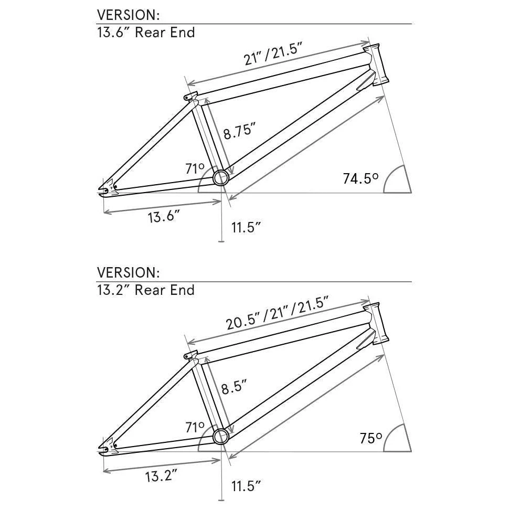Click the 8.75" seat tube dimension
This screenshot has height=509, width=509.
click(x=239, y=131)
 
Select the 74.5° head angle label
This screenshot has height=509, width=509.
click(x=360, y=178)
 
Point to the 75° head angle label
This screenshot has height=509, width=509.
click(x=370, y=438)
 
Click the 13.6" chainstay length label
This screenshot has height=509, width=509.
click(x=164, y=216)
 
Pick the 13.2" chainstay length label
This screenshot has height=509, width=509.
click(x=161, y=476)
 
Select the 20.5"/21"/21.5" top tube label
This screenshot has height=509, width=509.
click(x=278, y=313)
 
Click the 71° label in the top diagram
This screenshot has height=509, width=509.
click(x=195, y=169)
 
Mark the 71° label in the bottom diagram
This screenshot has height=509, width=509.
click(x=195, y=427)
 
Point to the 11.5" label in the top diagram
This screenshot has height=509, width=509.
click(x=246, y=227)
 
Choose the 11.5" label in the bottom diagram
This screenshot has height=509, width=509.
click(x=246, y=486)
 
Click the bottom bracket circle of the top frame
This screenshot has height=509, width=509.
click(x=220, y=177)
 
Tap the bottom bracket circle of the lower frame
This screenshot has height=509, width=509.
click(x=220, y=436)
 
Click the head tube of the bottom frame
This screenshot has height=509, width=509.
click(x=378, y=323)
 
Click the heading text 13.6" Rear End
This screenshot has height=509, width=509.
click(x=146, y=33)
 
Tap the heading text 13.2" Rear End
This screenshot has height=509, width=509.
click(x=146, y=290)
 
